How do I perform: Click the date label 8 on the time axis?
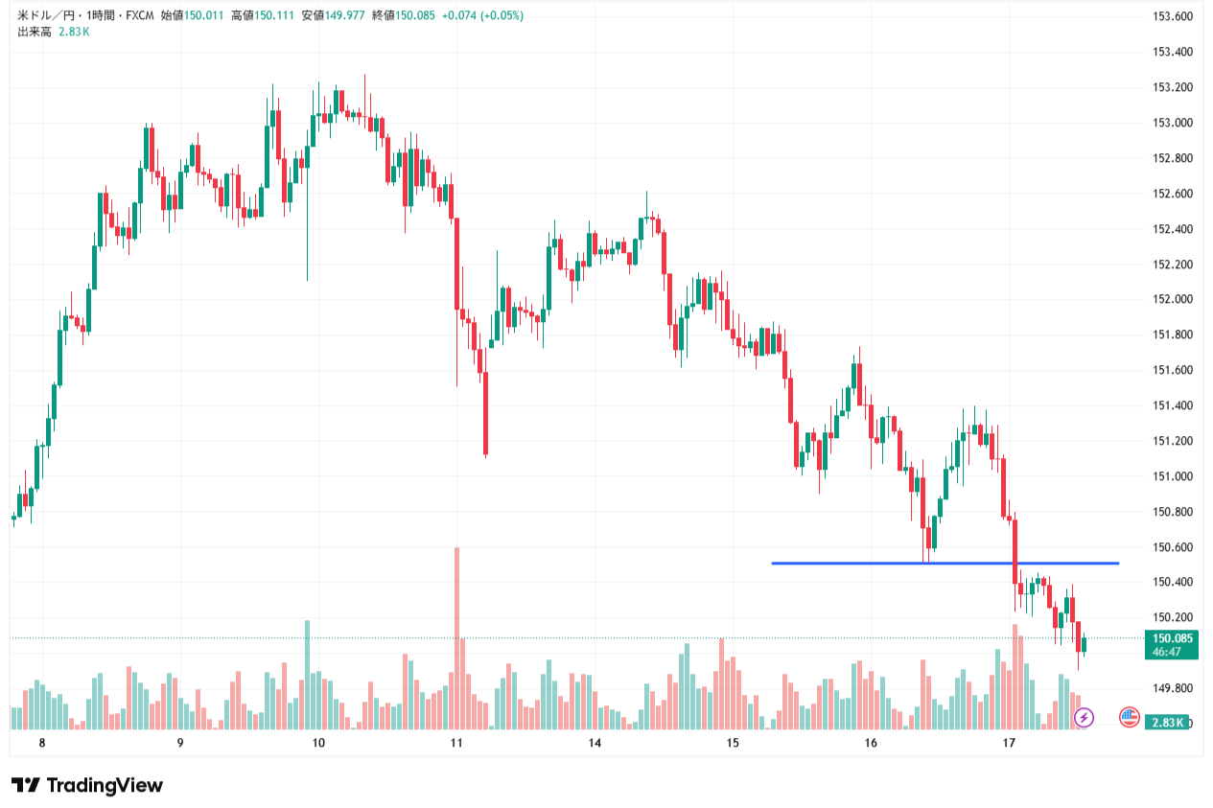(x=42, y=743)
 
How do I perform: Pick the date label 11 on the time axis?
(x=456, y=743)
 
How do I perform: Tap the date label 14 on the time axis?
(x=595, y=743)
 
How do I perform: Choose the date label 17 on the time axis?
(x=1009, y=743)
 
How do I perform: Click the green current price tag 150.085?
(x=1171, y=638)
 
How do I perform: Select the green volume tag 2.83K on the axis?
(x=1167, y=722)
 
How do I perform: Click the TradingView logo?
(x=87, y=785)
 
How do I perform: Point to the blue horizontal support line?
(x=945, y=563)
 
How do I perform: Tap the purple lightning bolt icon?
(x=1084, y=717)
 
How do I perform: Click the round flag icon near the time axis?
(x=1130, y=716)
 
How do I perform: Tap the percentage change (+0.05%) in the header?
(x=502, y=15)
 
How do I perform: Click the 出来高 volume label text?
(x=35, y=32)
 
